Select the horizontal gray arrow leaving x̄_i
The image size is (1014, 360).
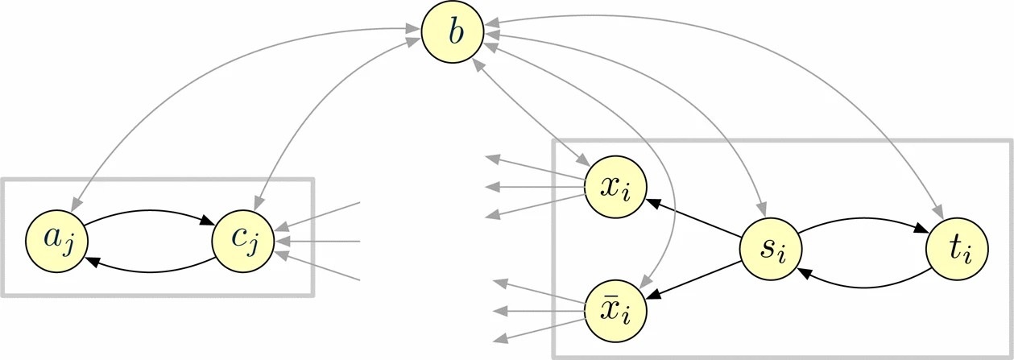540,310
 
